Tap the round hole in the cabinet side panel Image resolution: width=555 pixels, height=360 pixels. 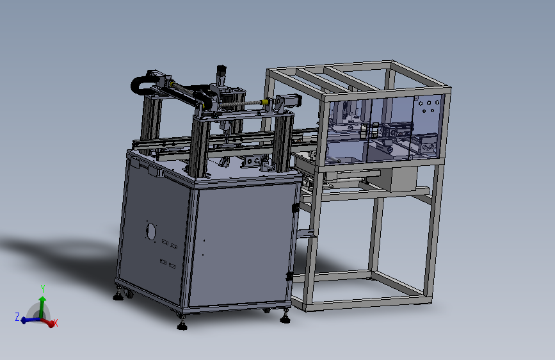tap(151, 231)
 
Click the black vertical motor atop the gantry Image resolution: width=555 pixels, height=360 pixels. tap(221, 72)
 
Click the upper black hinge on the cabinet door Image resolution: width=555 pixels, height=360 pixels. tap(294, 207)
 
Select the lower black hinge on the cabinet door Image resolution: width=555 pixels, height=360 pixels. tap(290, 276)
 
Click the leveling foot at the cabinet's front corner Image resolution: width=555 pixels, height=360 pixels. tap(182, 325)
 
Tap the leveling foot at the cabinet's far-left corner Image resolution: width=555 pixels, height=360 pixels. tap(119, 295)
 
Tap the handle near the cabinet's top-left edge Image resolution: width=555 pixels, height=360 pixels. tap(152, 170)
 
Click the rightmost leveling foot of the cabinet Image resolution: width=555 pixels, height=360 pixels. tap(285, 316)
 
